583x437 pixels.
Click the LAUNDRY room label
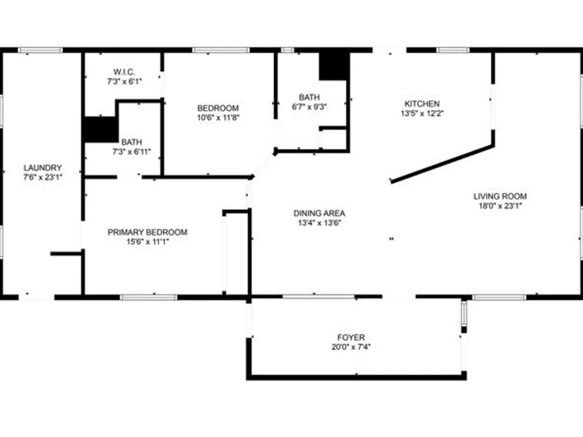[x=43, y=168]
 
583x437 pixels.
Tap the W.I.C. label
[x=124, y=72]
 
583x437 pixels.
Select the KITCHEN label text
[x=422, y=104]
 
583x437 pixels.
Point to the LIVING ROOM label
[x=500, y=196]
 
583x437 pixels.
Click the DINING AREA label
[x=319, y=213]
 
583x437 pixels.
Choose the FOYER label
[x=351, y=337]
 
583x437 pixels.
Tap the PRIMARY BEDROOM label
[x=147, y=232]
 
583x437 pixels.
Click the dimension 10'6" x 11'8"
[x=218, y=118]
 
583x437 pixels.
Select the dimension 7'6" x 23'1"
[x=43, y=177]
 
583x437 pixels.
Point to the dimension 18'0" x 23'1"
[x=500, y=206]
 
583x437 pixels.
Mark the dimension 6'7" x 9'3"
[x=310, y=107]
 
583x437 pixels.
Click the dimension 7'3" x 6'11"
[x=132, y=151]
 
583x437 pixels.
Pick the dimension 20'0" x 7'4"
[x=351, y=347]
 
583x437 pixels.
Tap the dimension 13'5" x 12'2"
[x=422, y=114]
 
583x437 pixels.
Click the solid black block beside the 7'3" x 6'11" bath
[x=100, y=129]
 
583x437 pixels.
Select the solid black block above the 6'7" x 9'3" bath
[x=334, y=66]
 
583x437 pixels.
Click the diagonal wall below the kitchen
[x=442, y=164]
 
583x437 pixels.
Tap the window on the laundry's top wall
[x=40, y=50]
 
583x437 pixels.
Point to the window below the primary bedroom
[x=148, y=297]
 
